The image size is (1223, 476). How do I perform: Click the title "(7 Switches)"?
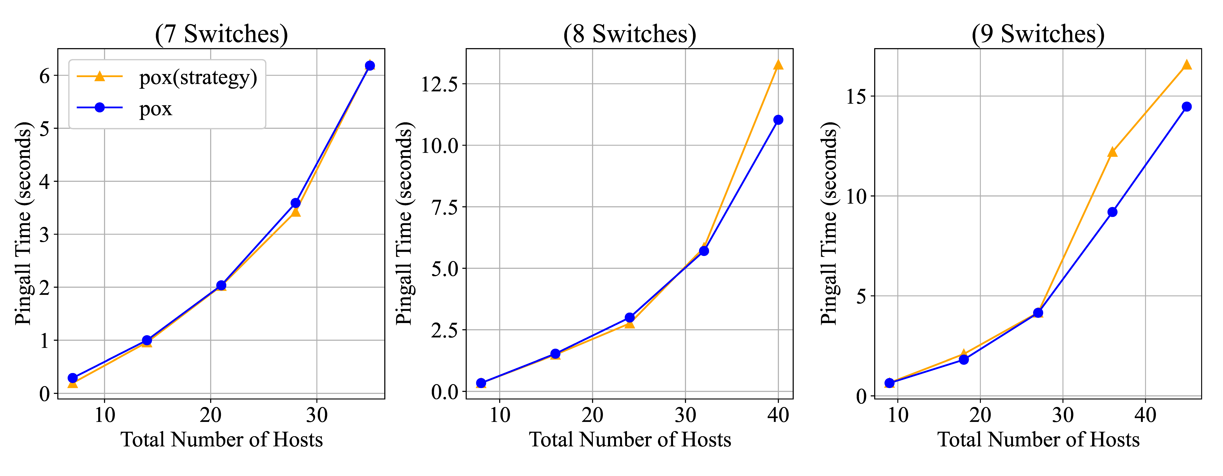(221, 34)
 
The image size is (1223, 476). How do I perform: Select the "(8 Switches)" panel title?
(629, 34)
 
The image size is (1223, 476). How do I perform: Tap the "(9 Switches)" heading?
(1038, 34)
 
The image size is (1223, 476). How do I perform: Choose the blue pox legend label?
(155, 109)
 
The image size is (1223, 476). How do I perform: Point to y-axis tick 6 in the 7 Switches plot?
(45, 75)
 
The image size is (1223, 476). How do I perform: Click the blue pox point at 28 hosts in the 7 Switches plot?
(295, 203)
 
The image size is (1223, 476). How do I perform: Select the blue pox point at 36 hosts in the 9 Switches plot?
(1112, 212)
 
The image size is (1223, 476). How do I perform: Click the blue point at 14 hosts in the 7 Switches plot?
(147, 340)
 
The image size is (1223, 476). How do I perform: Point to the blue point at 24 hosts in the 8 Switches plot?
(629, 317)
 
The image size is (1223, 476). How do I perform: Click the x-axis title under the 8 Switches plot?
(629, 440)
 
